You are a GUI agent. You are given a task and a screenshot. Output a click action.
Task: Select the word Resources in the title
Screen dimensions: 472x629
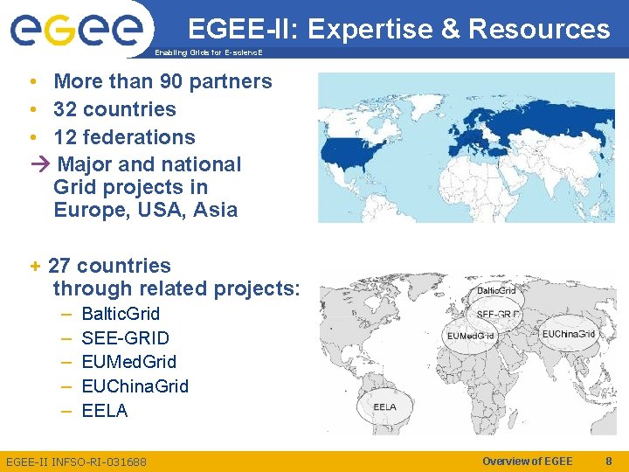pyautogui.click(x=539, y=30)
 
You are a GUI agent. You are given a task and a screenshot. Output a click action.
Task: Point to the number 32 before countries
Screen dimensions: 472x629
pyautogui.click(x=66, y=109)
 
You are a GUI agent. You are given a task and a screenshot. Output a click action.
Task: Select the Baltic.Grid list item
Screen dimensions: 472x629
pyautogui.click(x=121, y=314)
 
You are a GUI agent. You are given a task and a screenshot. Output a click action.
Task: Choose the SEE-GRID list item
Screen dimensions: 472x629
pyautogui.click(x=125, y=338)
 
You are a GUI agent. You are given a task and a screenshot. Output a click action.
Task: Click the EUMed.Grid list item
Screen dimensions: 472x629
pyautogui.click(x=128, y=362)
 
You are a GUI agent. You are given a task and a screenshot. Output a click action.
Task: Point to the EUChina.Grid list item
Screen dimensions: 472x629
pyautogui.click(x=135, y=386)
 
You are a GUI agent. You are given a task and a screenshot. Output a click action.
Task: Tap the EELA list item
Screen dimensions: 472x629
pyautogui.click(x=104, y=411)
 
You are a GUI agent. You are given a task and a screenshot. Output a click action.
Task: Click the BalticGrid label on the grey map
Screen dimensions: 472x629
pyautogui.click(x=495, y=290)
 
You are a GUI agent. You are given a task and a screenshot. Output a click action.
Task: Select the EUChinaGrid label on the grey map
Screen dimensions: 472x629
pyautogui.click(x=568, y=334)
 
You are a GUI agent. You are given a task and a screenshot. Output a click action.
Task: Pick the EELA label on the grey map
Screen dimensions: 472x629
pyautogui.click(x=384, y=407)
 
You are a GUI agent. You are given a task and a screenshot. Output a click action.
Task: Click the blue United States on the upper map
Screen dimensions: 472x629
pyautogui.click(x=354, y=150)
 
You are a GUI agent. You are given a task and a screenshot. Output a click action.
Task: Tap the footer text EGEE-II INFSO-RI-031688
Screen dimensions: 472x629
pyautogui.click(x=76, y=462)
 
